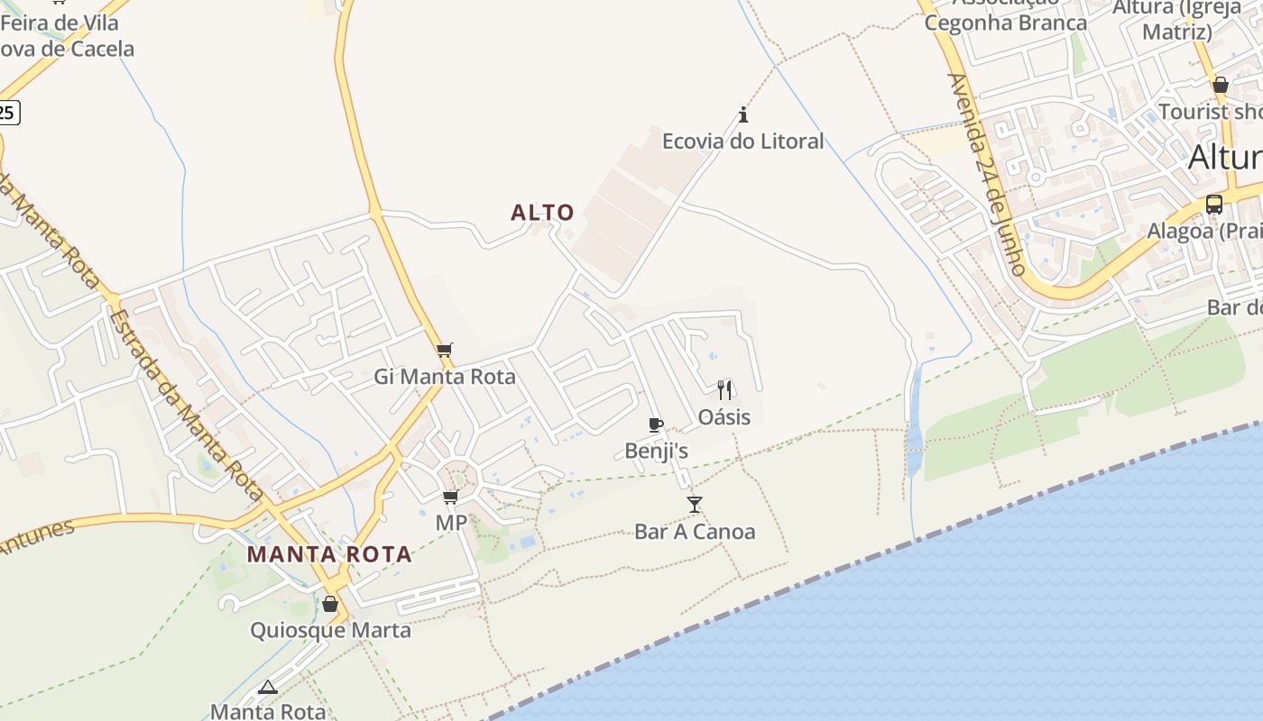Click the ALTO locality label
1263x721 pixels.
pyautogui.click(x=542, y=213)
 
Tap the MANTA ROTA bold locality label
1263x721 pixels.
pyautogui.click(x=329, y=554)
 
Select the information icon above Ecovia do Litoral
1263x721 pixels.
pyautogui.click(x=743, y=114)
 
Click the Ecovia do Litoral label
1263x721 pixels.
pyautogui.click(x=742, y=141)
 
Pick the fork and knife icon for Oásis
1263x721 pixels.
pyautogui.click(x=724, y=389)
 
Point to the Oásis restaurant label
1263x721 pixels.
pyautogui.click(x=724, y=417)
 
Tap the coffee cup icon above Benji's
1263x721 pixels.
pyautogui.click(x=656, y=424)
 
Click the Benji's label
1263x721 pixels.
pyautogui.click(x=656, y=452)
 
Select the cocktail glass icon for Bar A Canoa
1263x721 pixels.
pyautogui.click(x=694, y=504)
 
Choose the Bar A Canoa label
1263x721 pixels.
pyautogui.click(x=694, y=531)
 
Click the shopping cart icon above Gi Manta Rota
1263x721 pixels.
pyautogui.click(x=444, y=350)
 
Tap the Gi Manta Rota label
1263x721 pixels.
pyautogui.click(x=445, y=377)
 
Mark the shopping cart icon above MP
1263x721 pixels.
pyautogui.click(x=450, y=497)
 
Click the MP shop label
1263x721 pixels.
pyautogui.click(x=451, y=523)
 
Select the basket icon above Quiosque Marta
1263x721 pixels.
pyautogui.click(x=330, y=603)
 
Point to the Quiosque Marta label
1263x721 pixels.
pyautogui.click(x=330, y=630)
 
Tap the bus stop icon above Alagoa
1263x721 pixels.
pyautogui.click(x=1214, y=204)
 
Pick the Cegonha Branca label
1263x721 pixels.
pyautogui.click(x=1005, y=23)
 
